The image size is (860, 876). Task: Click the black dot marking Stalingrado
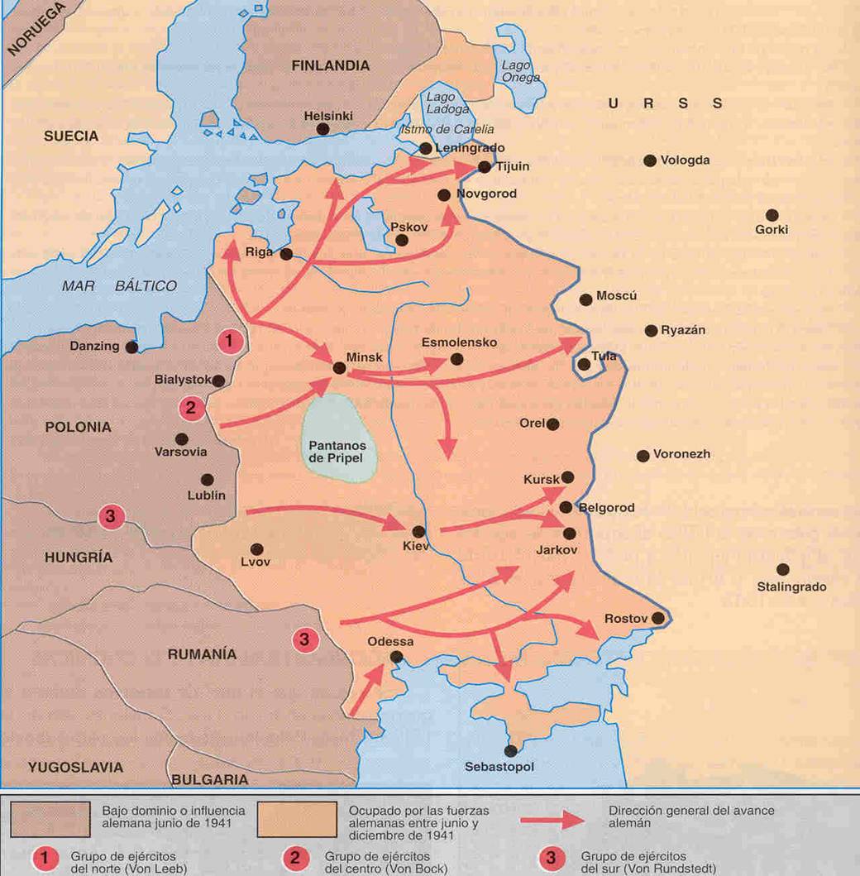782,569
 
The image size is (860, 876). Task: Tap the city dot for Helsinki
322,130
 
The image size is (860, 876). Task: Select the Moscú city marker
586,299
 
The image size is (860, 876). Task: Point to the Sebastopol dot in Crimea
510,750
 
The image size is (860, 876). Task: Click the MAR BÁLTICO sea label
119,286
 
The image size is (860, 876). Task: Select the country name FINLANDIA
330,66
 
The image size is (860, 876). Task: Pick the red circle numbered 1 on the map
229,340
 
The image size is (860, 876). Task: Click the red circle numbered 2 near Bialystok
191,407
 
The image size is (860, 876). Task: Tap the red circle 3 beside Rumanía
304,639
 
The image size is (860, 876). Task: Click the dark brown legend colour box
50,817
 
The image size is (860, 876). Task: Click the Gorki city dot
772,215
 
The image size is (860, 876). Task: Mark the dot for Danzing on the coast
131,347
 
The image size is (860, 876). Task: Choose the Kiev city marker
418,532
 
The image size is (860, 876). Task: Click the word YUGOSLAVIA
75,767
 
